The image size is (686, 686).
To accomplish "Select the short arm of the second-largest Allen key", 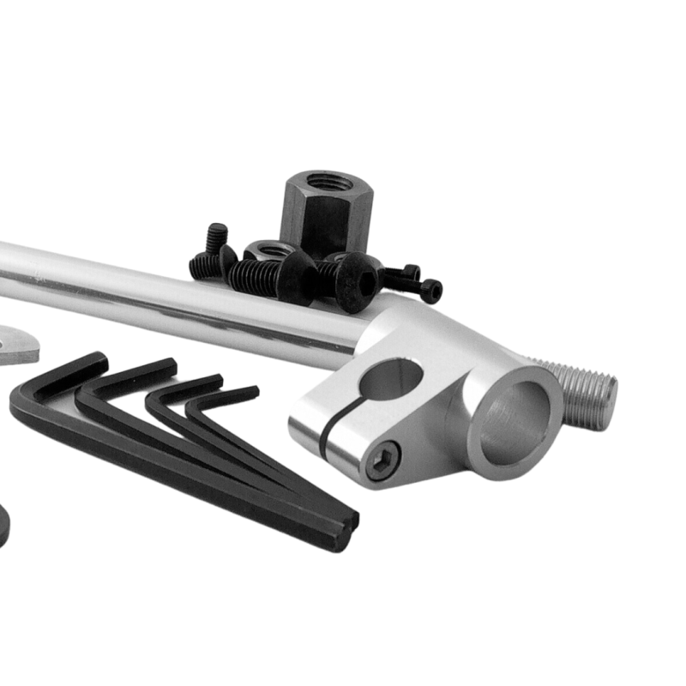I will click(x=129, y=378).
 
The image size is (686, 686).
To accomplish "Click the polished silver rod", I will click(x=171, y=296).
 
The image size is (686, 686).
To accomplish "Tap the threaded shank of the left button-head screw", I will click(x=253, y=276).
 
